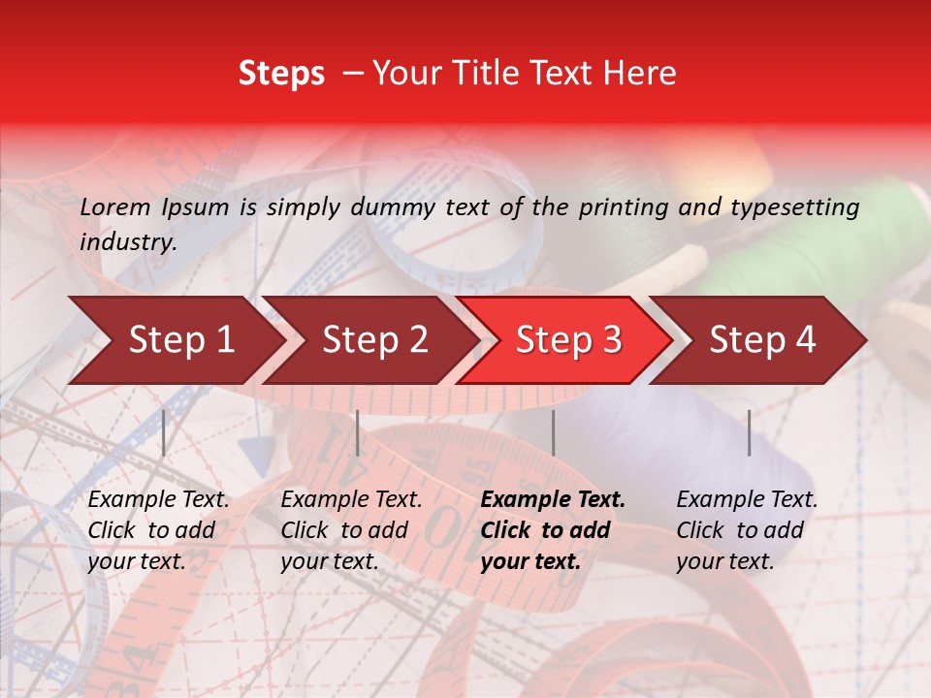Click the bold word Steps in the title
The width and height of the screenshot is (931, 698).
click(x=281, y=74)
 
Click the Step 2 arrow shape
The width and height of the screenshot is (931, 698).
click(x=374, y=340)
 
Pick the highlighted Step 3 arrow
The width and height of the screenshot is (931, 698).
click(x=568, y=340)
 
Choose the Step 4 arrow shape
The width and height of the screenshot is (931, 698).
click(x=762, y=340)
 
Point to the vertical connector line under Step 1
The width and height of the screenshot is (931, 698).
click(x=164, y=432)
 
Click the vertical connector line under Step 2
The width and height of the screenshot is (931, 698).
click(x=358, y=432)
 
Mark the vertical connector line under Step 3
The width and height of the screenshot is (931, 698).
click(x=554, y=432)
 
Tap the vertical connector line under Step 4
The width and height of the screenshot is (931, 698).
click(x=749, y=432)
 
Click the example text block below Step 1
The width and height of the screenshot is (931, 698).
click(x=158, y=530)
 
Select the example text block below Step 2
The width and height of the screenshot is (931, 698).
click(x=351, y=530)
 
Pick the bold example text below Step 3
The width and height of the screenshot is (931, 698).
click(x=553, y=530)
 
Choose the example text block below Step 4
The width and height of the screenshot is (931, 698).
click(x=747, y=530)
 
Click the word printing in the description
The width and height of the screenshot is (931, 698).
click(x=625, y=206)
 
